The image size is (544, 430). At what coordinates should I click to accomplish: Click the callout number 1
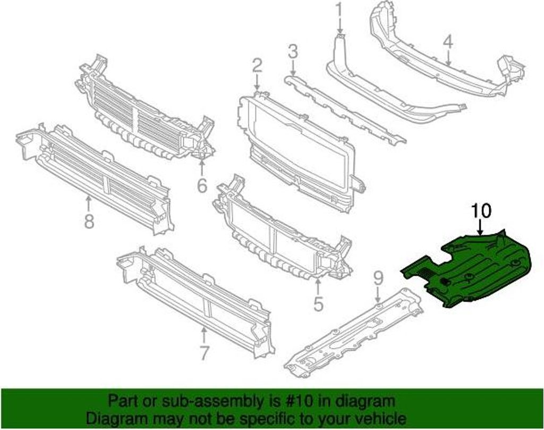click(339, 10)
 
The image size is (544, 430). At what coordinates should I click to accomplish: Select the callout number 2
click(257, 66)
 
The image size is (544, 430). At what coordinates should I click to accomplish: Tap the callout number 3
click(293, 52)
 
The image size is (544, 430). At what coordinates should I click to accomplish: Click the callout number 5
click(318, 303)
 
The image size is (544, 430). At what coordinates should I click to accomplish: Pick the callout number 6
click(202, 186)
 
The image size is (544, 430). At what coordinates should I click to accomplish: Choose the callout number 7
click(205, 352)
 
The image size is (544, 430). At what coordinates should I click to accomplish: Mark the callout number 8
click(89, 221)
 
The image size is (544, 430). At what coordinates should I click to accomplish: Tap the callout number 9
click(378, 277)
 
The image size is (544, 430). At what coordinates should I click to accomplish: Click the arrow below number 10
click(480, 227)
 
